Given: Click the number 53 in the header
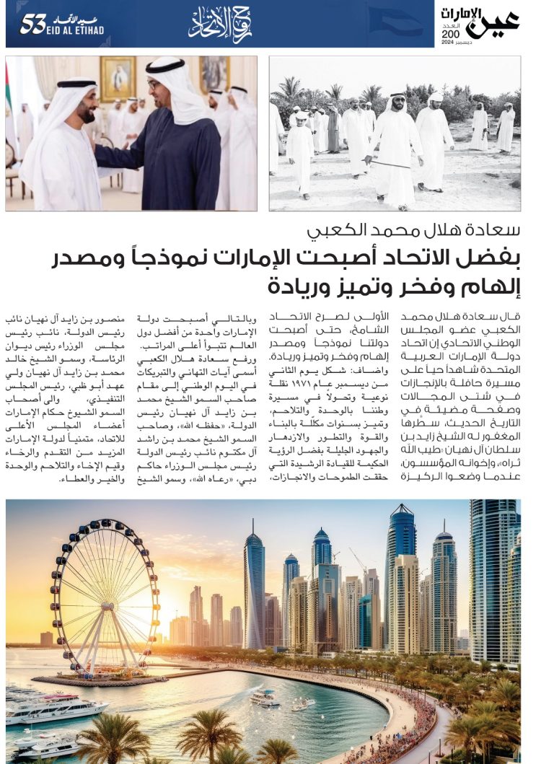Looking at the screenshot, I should pyautogui.click(x=33, y=24).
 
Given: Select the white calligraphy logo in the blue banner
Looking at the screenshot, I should pyautogui.click(x=220, y=25).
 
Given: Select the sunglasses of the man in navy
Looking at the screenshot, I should pyautogui.click(x=156, y=84).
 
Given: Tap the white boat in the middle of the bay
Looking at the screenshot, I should pyautogui.click(x=264, y=698).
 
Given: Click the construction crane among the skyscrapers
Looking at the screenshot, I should pyautogui.click(x=357, y=559).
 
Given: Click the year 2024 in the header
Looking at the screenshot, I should pyautogui.click(x=447, y=43).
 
